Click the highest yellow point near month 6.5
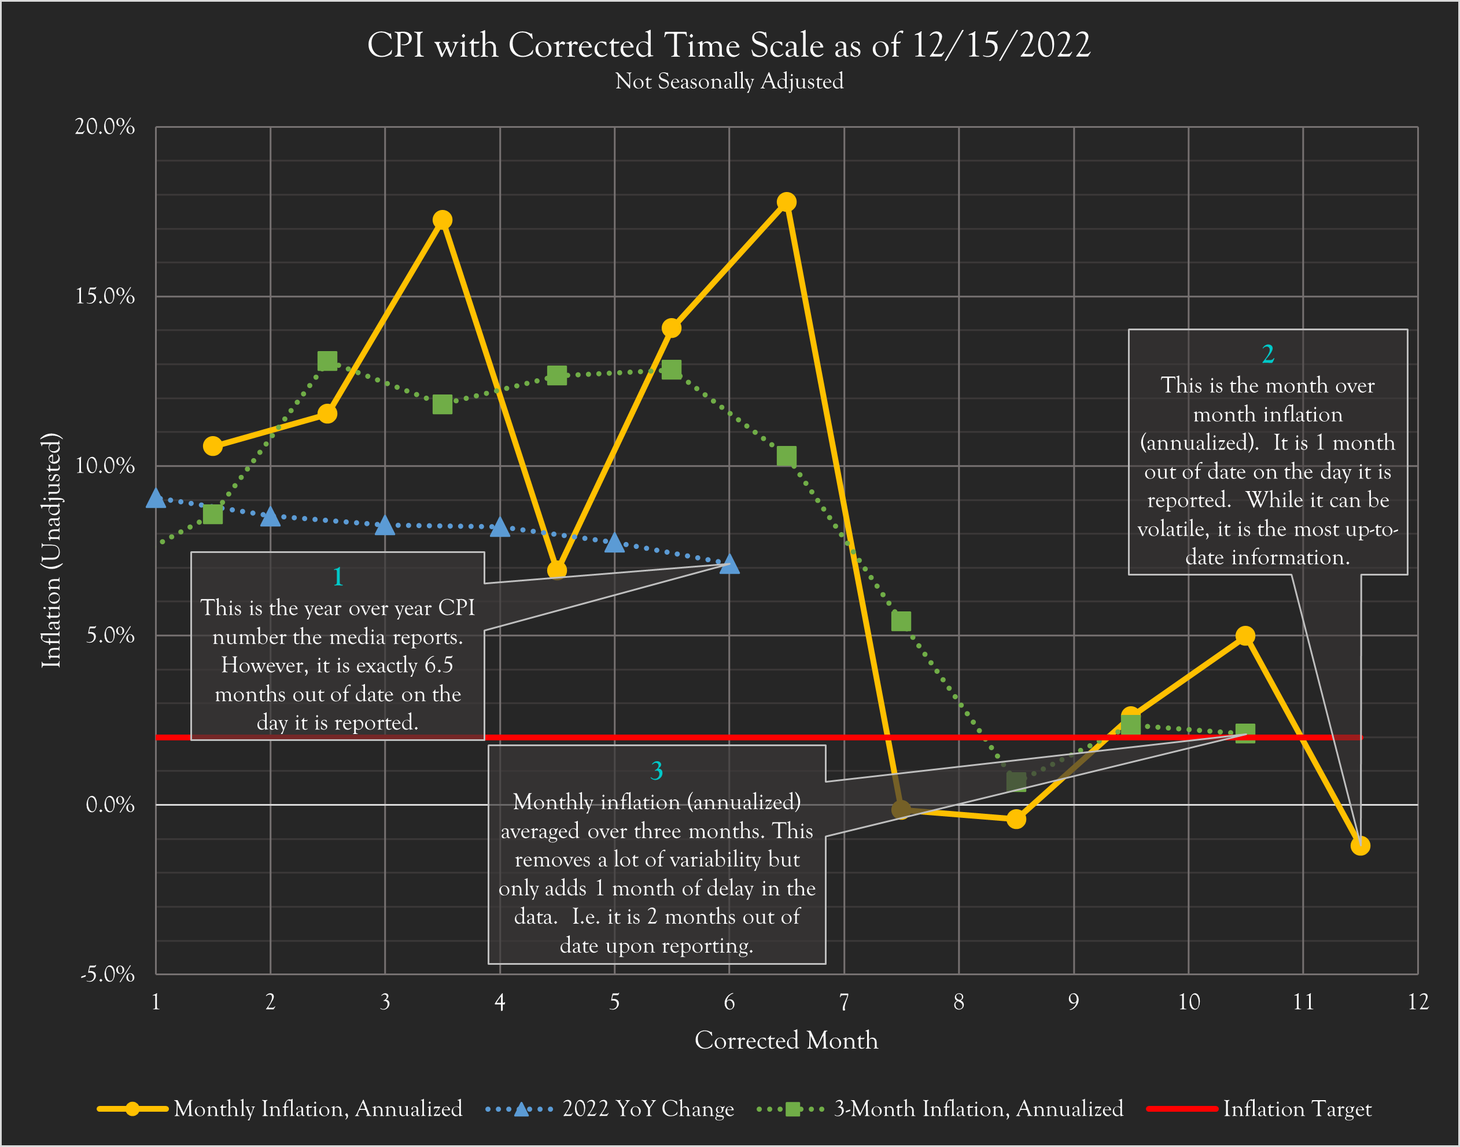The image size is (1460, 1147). (x=787, y=202)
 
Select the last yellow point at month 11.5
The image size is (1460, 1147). (x=1360, y=846)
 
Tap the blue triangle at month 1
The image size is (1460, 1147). (x=156, y=498)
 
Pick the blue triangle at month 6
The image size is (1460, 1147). (x=729, y=565)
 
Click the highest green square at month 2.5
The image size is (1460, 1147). (x=327, y=362)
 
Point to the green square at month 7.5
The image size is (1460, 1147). (x=901, y=621)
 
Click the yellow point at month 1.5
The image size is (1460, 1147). (x=213, y=446)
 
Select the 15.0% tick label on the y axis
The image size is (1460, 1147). (x=105, y=296)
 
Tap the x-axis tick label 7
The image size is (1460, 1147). (x=844, y=1002)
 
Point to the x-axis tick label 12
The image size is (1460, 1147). (x=1418, y=1002)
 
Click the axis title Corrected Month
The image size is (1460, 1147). (x=786, y=1040)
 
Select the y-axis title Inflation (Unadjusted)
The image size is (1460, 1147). (x=51, y=551)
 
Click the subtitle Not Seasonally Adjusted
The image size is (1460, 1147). (x=729, y=81)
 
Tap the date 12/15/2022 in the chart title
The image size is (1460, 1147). (x=1001, y=46)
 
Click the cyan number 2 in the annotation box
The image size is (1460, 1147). (x=1268, y=354)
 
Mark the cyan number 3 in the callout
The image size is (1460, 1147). (x=657, y=770)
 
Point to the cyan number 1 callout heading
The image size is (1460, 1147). (x=338, y=576)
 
